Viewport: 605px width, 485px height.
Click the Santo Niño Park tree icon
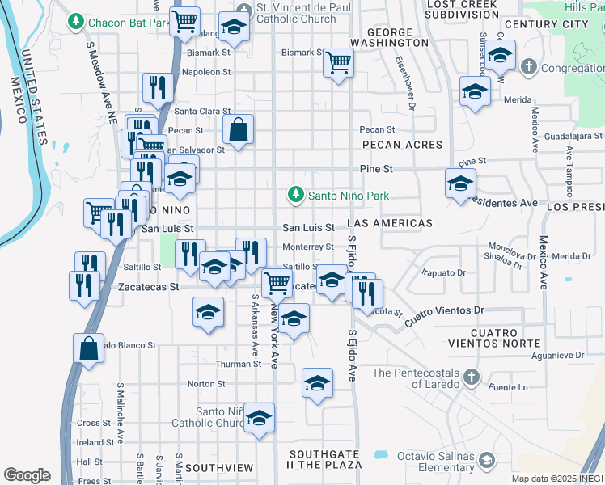[x=296, y=195]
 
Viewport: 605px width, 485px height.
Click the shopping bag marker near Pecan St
[x=239, y=129]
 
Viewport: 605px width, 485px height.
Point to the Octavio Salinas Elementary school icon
[x=485, y=460]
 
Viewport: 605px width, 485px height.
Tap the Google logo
[x=27, y=475]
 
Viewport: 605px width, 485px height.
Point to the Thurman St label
[x=237, y=364]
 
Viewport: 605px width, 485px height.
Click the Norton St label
[x=205, y=384]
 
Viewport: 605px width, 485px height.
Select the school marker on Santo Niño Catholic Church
[x=260, y=417]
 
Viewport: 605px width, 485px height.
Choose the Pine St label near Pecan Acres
[x=376, y=169]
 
